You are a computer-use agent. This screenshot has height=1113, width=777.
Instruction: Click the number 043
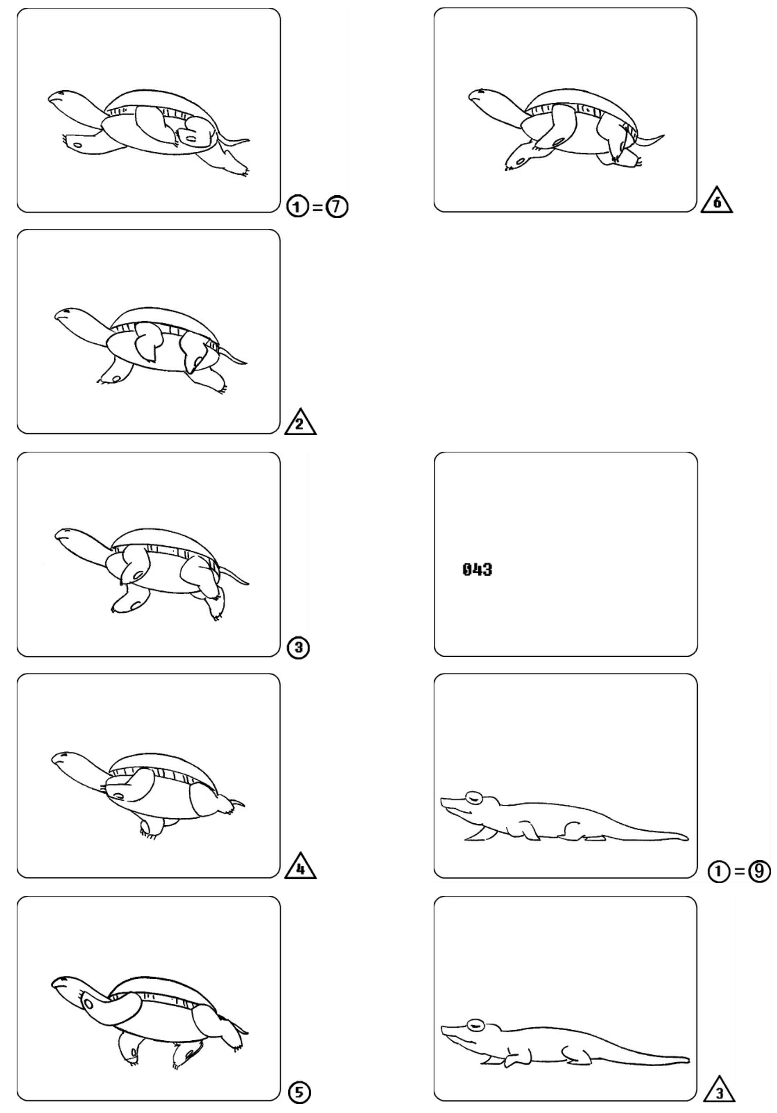click(x=477, y=569)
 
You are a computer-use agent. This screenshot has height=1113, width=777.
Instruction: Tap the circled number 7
click(x=336, y=207)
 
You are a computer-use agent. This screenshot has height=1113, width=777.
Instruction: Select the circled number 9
click(x=759, y=871)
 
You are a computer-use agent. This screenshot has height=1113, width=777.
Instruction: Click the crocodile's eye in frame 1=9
click(x=472, y=796)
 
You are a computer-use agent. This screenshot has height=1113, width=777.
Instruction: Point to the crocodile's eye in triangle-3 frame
click(x=476, y=1024)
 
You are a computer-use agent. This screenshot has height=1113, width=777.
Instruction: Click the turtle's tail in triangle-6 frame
click(x=651, y=140)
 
